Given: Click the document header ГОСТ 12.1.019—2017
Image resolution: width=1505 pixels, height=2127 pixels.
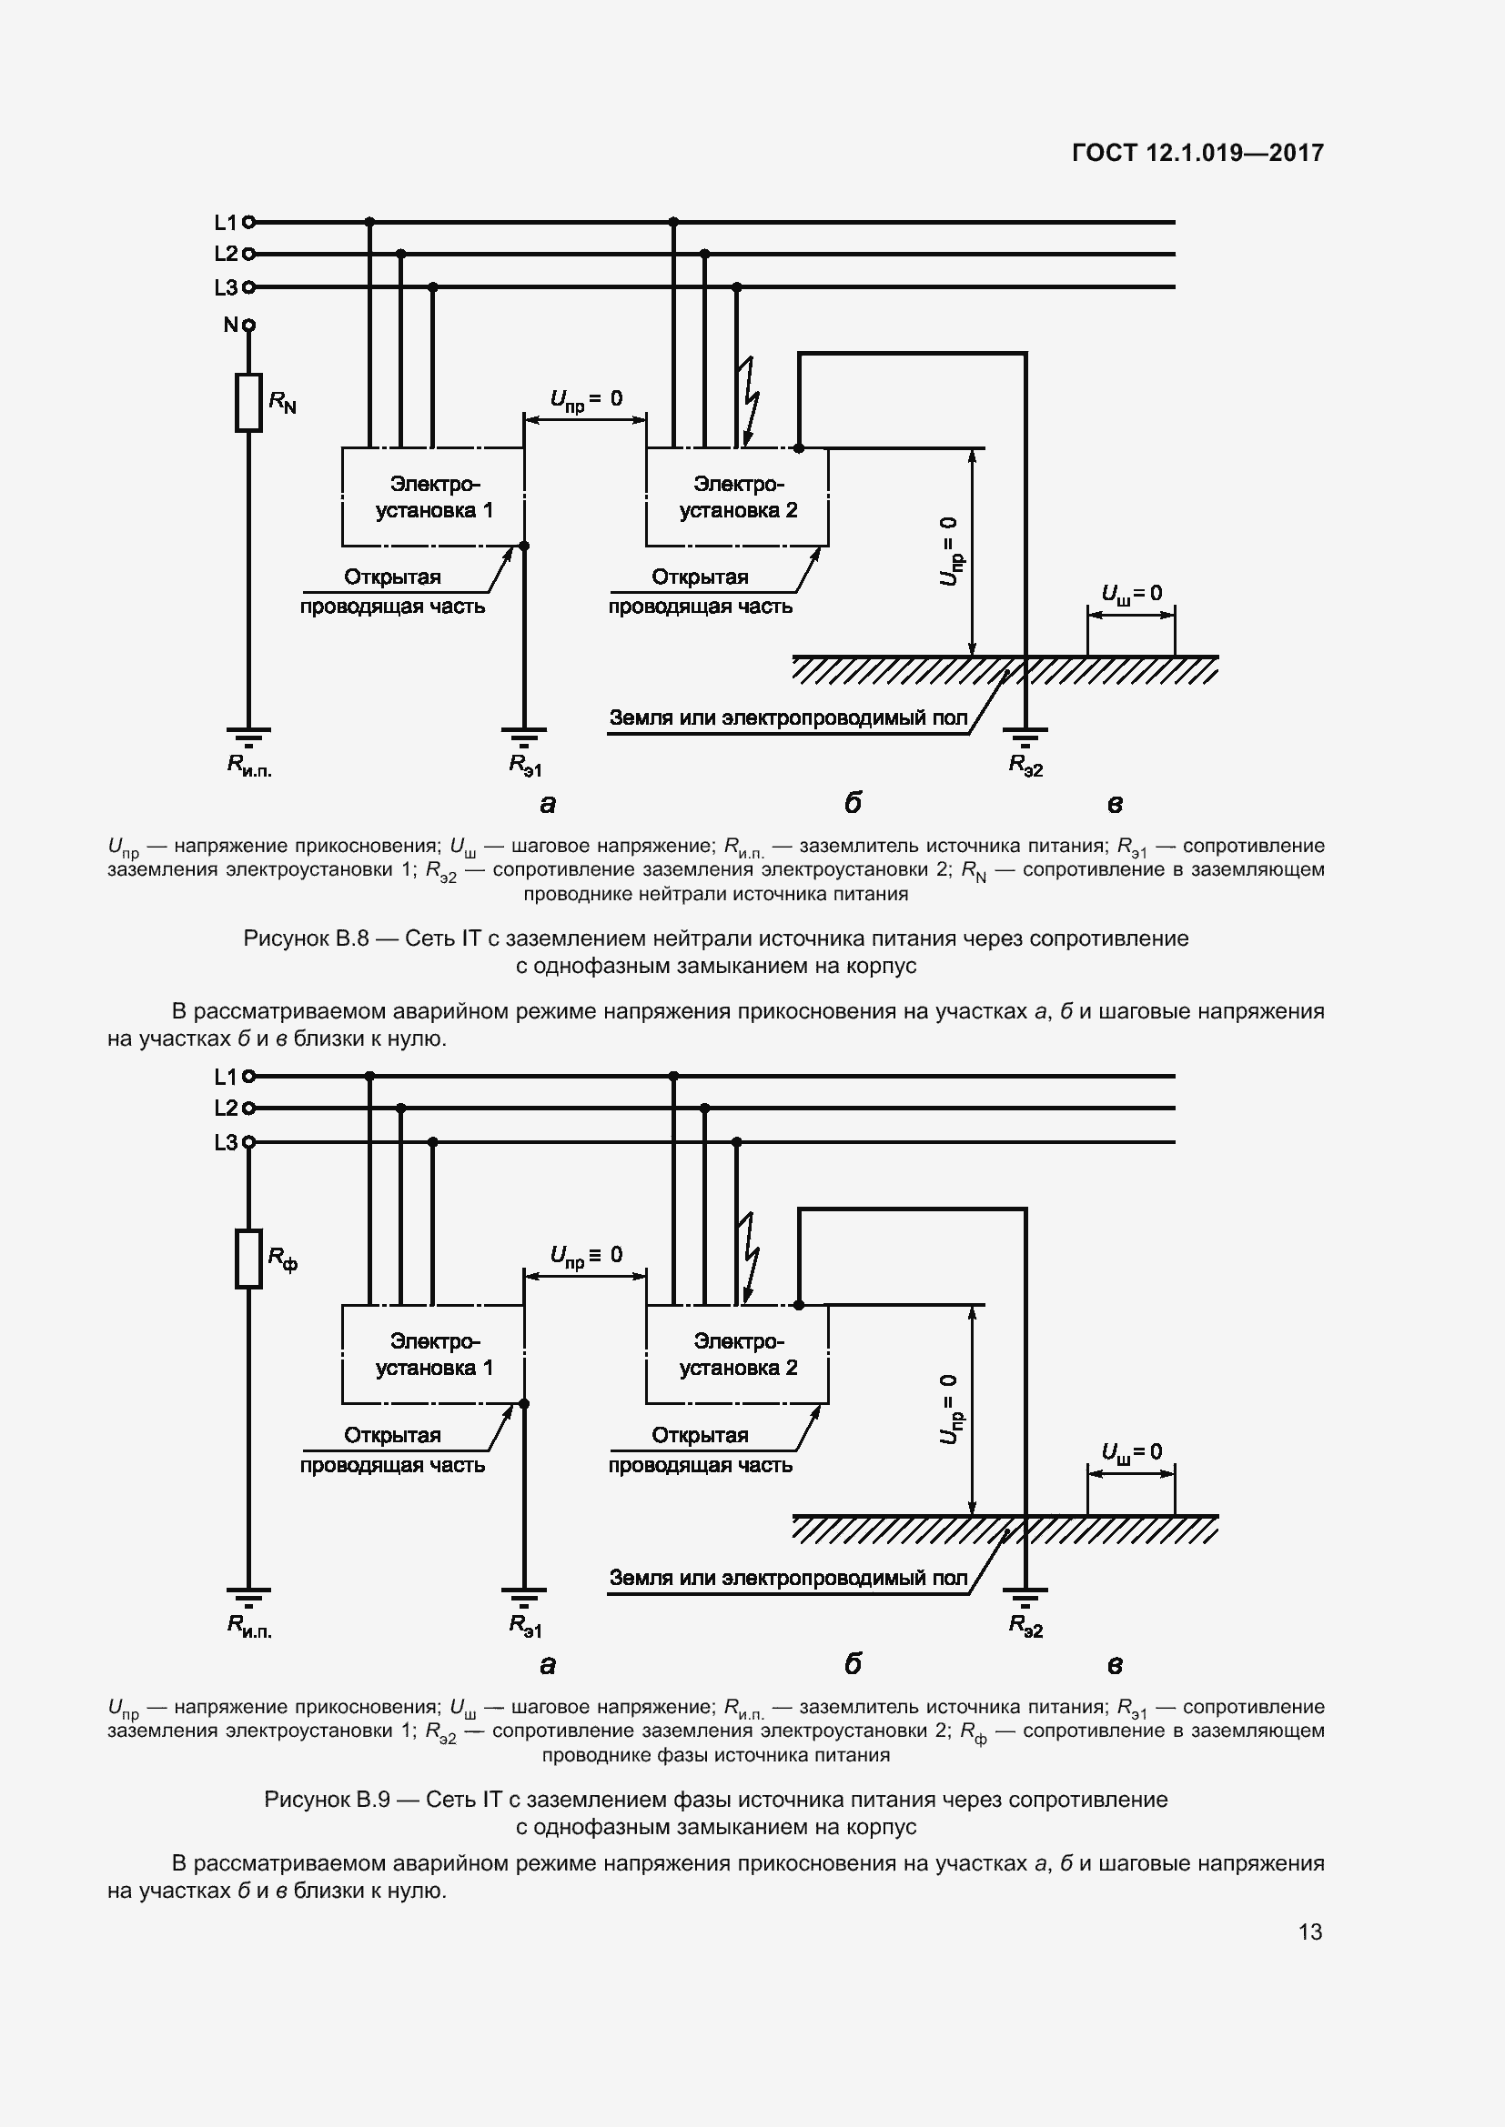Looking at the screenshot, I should (1197, 153).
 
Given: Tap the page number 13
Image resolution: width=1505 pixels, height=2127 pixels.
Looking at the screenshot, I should (1309, 1931).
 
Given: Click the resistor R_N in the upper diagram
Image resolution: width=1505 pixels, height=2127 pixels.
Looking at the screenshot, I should (248, 402).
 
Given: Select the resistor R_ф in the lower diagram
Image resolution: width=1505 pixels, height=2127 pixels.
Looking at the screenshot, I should (248, 1258).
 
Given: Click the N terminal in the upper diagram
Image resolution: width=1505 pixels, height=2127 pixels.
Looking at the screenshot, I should (247, 326).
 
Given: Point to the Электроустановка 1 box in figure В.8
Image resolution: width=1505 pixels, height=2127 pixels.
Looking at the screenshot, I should (433, 497).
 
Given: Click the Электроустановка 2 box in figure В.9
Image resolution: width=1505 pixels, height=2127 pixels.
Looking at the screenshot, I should (737, 1354).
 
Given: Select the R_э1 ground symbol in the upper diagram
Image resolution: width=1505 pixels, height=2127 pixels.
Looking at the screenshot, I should (523, 737).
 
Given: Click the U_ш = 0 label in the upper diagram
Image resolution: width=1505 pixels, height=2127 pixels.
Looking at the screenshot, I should (1131, 593).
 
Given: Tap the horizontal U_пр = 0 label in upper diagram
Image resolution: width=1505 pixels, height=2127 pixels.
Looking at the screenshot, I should (586, 399).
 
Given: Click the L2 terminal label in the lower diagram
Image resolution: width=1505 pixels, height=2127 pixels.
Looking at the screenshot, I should (227, 1108).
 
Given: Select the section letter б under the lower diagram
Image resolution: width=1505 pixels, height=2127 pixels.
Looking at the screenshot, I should (853, 1664).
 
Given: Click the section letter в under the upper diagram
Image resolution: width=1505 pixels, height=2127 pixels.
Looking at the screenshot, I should (1115, 804).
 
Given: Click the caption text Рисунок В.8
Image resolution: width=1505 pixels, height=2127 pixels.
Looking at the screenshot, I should (306, 938).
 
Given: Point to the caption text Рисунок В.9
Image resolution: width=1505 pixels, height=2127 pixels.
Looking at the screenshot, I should (327, 1799).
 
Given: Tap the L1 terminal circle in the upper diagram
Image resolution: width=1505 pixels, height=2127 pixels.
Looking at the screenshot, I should (248, 222).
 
